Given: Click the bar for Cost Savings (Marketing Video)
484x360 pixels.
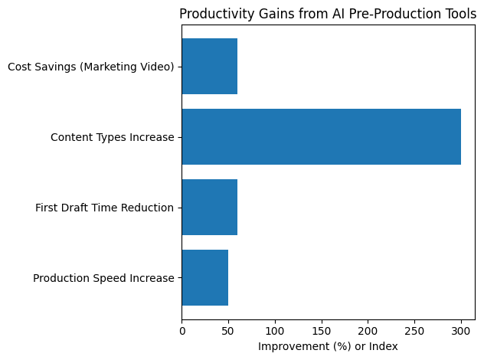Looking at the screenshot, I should click(209, 67).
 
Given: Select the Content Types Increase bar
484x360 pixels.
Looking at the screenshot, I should click(321, 137).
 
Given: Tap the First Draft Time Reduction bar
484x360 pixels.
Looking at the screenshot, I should click(209, 208).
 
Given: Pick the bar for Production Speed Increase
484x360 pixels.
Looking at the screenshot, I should click(204, 277).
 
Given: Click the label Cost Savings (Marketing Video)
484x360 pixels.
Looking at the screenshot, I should click(90, 67).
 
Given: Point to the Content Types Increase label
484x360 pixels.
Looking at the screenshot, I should click(112, 138).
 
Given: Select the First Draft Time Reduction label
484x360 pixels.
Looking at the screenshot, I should click(104, 208).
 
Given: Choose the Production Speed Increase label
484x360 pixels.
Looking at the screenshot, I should click(103, 278).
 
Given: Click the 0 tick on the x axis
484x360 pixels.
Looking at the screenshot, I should click(182, 331).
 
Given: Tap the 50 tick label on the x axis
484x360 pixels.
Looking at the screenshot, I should click(228, 331).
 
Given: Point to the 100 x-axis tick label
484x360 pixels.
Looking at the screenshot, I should click(275, 331).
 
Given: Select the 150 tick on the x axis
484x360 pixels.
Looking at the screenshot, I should click(322, 331).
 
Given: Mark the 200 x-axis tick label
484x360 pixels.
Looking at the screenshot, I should click(368, 331).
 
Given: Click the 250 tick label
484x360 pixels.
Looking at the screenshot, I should click(414, 331).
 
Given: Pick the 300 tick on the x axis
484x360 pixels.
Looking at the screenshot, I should click(461, 331).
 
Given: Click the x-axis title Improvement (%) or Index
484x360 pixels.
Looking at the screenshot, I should click(328, 346).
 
